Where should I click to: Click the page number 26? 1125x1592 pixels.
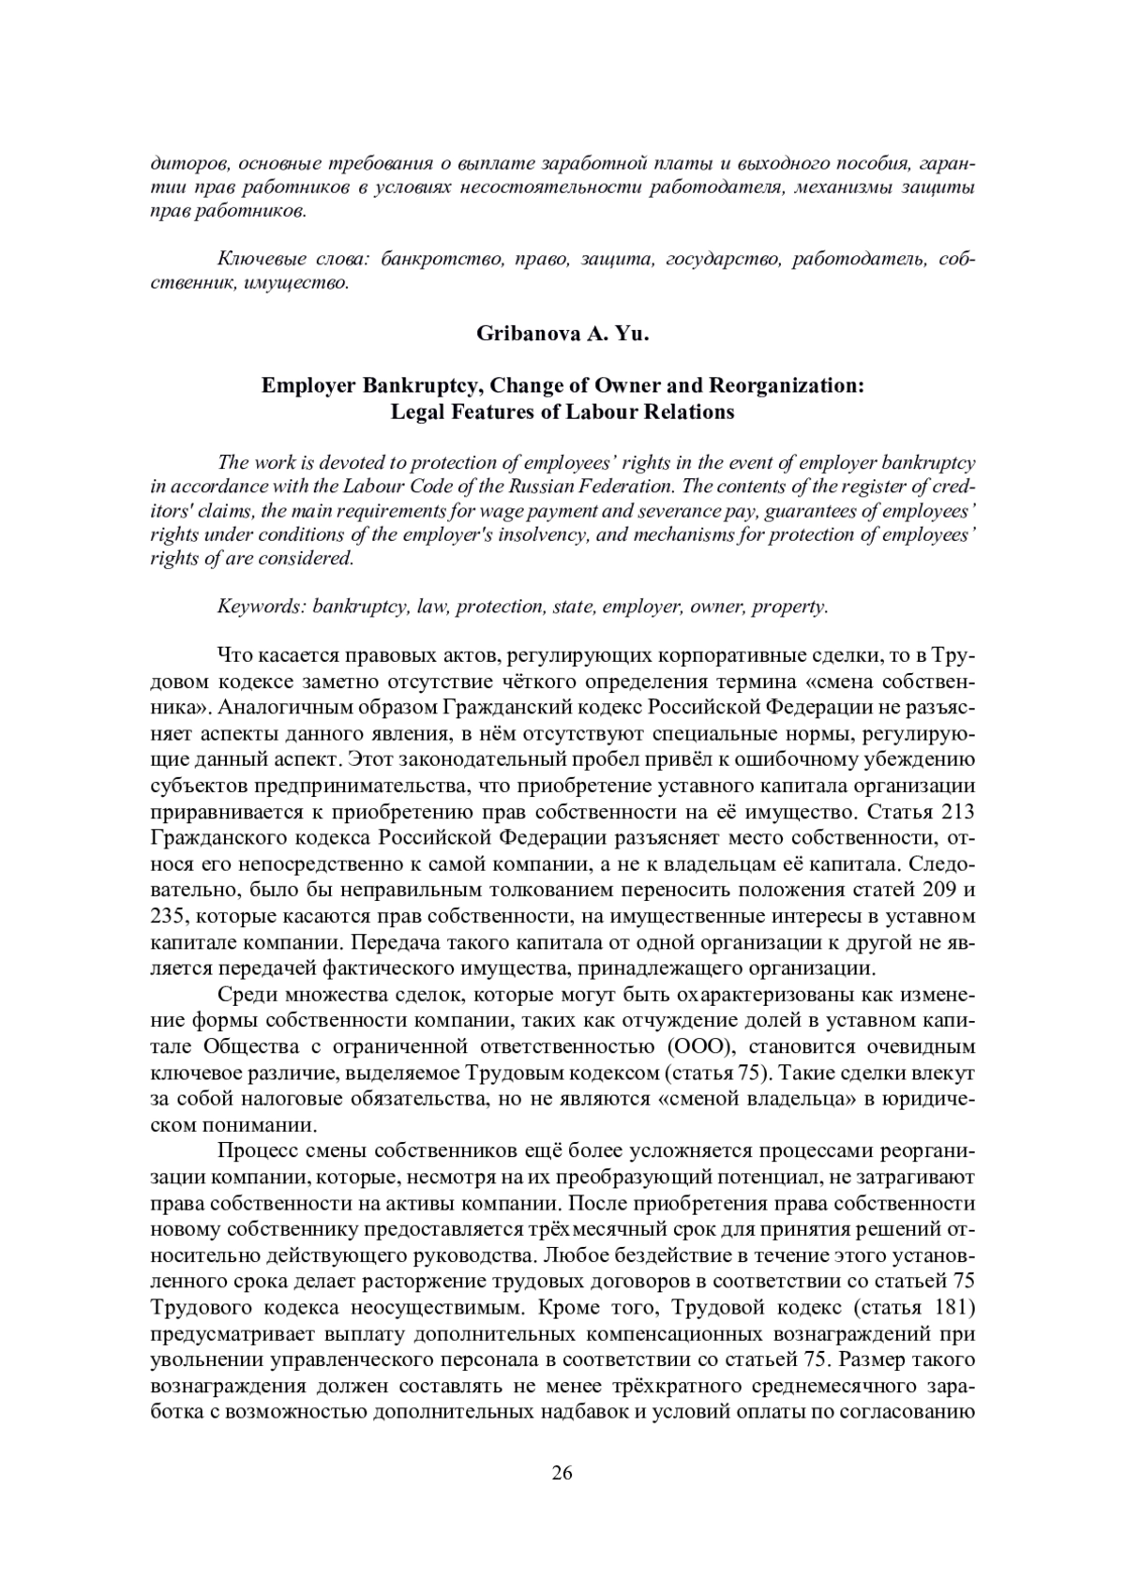562,1472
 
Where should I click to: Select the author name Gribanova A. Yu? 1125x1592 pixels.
562,333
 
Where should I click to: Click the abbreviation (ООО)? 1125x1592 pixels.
698,1045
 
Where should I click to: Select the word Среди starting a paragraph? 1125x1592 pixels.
246,994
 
